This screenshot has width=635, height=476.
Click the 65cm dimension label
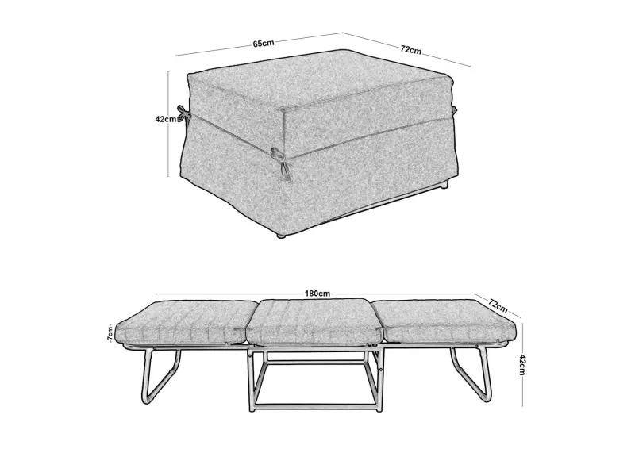(264, 43)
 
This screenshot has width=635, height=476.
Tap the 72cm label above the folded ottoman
(410, 50)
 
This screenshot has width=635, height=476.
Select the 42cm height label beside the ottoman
(166, 119)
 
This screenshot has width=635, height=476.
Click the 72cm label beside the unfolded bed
(498, 305)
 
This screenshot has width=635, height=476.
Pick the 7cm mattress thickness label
(110, 333)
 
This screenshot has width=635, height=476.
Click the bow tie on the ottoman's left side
(183, 113)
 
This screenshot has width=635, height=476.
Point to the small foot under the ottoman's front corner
(283, 235)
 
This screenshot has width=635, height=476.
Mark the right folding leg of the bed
(471, 374)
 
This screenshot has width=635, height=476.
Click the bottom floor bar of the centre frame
(315, 406)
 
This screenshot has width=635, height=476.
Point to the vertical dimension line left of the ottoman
(168, 125)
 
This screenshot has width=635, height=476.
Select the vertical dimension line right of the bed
(522, 364)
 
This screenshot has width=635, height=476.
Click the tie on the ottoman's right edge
(454, 109)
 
